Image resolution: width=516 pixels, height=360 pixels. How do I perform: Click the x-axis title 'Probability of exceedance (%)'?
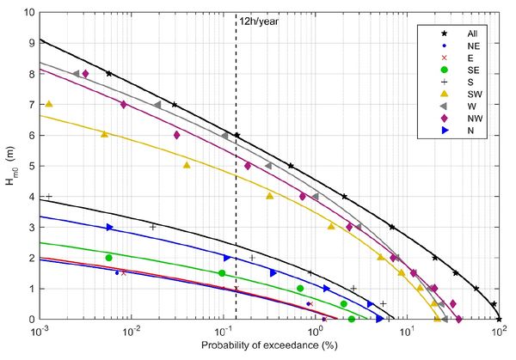point(268,346)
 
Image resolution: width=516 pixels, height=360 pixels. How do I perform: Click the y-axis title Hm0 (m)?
point(11,166)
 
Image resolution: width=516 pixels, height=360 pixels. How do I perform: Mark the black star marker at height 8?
point(108,74)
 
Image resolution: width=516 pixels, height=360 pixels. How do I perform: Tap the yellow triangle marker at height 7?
point(49,104)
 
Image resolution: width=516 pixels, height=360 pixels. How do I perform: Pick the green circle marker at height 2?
point(108,258)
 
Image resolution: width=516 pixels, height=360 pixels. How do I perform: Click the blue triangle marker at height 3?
point(109,227)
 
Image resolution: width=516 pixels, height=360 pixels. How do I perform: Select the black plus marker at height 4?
point(49,197)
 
